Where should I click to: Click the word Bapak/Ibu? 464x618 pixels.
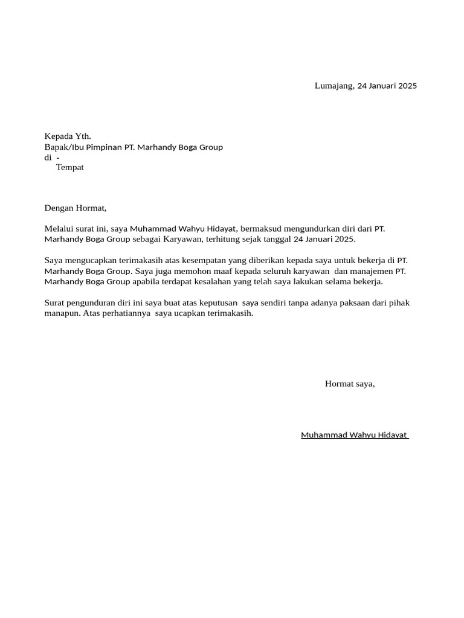pos(64,147)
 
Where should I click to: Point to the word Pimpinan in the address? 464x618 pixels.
pos(104,147)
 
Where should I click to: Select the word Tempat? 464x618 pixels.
pos(70,168)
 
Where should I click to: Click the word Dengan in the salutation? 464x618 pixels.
pos(59,209)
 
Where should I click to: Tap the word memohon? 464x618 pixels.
pos(182,271)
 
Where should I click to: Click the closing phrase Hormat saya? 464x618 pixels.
pos(350,384)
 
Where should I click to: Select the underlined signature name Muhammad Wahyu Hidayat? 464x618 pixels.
pos(354,436)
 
